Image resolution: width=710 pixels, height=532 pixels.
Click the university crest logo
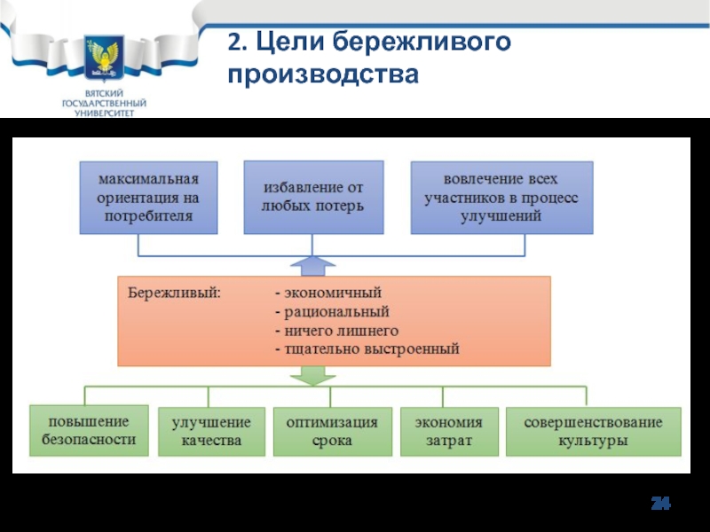tap(104, 58)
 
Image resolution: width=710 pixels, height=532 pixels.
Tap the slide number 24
tap(660, 503)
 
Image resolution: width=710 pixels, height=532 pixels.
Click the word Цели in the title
tap(290, 42)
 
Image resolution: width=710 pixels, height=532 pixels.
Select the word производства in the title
tap(323, 74)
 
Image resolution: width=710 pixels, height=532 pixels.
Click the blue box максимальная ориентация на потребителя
tap(148, 198)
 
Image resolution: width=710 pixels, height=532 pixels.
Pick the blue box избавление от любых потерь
tap(313, 197)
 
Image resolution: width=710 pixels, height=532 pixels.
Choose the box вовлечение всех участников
tap(501, 198)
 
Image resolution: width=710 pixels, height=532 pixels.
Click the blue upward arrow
tap(312, 266)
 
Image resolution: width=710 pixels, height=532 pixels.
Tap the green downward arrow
tap(312, 375)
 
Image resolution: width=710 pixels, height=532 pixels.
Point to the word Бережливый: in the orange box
tap(174, 293)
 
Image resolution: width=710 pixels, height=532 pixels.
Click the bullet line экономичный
tap(328, 293)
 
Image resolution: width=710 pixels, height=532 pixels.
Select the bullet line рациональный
tap(332, 312)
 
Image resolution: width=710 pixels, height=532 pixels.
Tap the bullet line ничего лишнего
tap(337, 331)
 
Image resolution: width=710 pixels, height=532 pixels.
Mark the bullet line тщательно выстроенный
tap(367, 349)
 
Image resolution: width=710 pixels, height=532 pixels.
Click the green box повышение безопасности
tap(90, 431)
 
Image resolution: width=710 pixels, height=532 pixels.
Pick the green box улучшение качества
tap(211, 432)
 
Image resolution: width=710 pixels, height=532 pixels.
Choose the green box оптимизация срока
tap(332, 432)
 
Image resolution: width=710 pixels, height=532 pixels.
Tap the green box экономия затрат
tap(449, 432)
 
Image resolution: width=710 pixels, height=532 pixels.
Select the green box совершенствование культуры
tap(593, 432)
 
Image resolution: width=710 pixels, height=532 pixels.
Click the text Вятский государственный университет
tap(104, 103)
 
